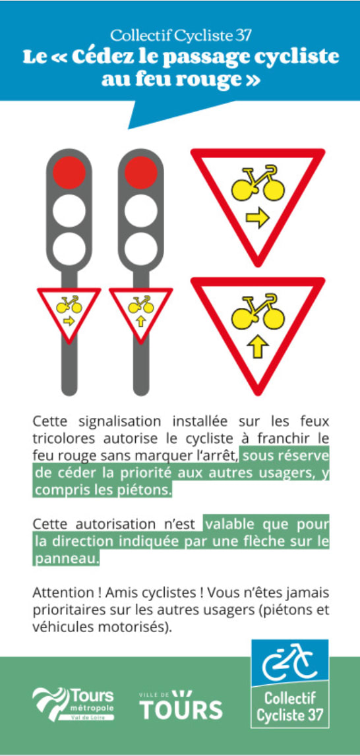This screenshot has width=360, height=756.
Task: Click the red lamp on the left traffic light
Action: click(x=69, y=172)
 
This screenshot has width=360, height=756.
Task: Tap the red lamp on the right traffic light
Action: click(x=141, y=172)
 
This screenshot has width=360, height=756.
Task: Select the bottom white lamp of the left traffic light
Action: click(x=69, y=248)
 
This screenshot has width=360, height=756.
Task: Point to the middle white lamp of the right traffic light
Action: click(x=141, y=211)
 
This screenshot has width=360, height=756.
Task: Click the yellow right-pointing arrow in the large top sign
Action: click(x=257, y=219)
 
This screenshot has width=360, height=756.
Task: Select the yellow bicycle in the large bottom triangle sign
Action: click(x=257, y=312)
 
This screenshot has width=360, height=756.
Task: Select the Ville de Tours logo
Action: click(x=181, y=705)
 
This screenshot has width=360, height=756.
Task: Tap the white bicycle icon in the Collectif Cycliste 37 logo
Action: click(x=289, y=660)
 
